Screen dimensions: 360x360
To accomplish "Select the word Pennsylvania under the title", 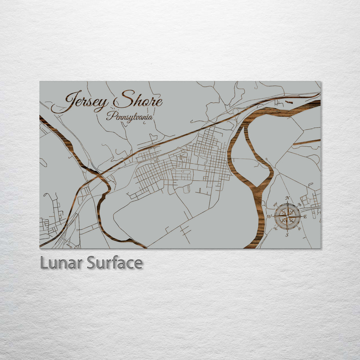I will coord(130,117).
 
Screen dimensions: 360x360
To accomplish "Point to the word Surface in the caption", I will coord(115,263).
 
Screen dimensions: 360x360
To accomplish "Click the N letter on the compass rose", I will coord(287,198).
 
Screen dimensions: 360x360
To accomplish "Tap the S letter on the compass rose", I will coord(287,235).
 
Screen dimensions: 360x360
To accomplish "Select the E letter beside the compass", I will coord(305,216).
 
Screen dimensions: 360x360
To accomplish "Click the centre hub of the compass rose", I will coord(287,216).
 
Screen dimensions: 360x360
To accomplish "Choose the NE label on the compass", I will coord(299,204).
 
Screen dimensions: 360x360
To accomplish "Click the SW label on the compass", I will coord(275,228).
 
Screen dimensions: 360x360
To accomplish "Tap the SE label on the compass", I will coord(299,228).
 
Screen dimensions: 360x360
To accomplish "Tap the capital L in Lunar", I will coord(43,263).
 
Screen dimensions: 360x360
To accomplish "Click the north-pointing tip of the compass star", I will coord(287,203).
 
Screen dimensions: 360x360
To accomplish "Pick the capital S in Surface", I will coord(91,263).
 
